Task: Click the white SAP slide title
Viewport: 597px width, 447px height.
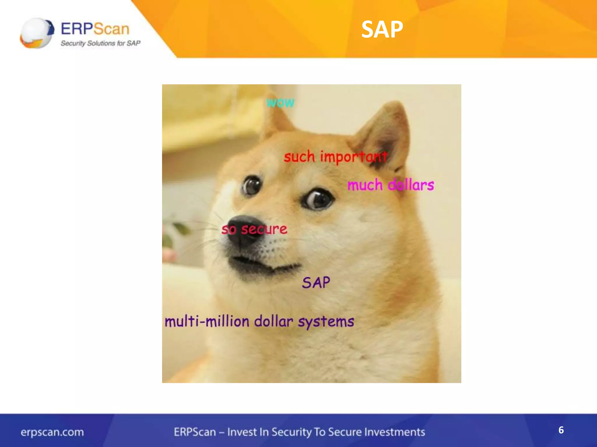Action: click(382, 29)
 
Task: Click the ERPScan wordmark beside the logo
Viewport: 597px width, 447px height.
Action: click(95, 29)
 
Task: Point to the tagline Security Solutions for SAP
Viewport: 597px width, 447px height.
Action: click(100, 43)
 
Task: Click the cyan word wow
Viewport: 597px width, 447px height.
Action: click(280, 102)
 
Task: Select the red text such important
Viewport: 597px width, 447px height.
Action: click(335, 157)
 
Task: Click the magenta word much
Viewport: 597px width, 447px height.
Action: click(365, 185)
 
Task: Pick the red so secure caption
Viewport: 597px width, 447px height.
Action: click(254, 229)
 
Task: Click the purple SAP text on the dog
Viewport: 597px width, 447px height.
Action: click(316, 283)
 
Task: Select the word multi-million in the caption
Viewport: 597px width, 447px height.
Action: click(207, 322)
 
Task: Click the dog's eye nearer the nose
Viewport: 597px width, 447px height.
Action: click(251, 186)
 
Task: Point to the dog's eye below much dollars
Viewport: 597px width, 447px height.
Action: click(318, 199)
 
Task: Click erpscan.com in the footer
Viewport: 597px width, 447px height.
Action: click(52, 432)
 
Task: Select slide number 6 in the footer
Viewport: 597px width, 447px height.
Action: click(561, 430)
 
